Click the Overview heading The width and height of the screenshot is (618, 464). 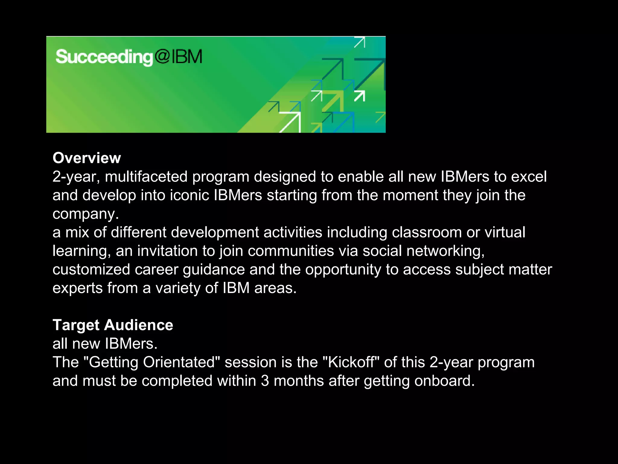pyautogui.click(x=87, y=158)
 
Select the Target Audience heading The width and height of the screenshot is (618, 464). pyautogui.click(x=113, y=325)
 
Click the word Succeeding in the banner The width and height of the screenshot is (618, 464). pyautogui.click(x=104, y=57)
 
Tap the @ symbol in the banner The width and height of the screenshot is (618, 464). pyautogui.click(x=162, y=56)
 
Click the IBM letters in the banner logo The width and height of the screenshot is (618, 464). pyautogui.click(x=187, y=56)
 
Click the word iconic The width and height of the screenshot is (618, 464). pyautogui.click(x=190, y=195)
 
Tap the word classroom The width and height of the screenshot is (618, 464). pyautogui.click(x=427, y=233)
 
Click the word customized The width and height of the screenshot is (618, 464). pyautogui.click(x=91, y=269)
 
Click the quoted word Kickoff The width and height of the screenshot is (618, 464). pyautogui.click(x=351, y=362)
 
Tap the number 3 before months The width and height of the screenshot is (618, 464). pyautogui.click(x=265, y=381)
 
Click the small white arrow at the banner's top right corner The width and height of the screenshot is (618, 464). pyautogui.click(x=360, y=42)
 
